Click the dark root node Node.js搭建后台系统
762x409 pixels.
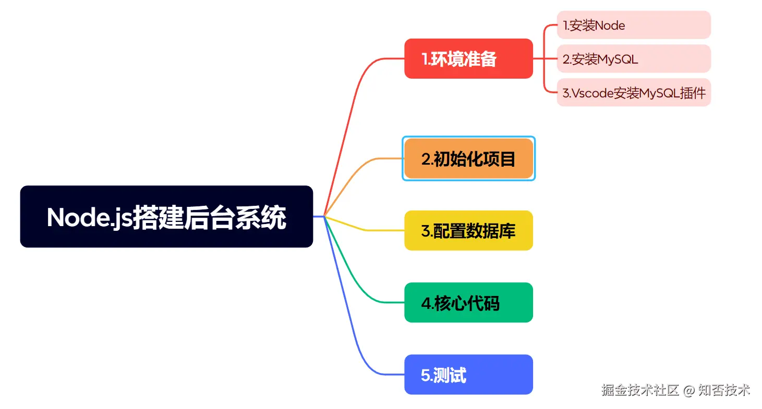(166, 216)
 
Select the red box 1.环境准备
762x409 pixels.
(468, 59)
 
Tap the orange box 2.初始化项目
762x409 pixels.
(468, 158)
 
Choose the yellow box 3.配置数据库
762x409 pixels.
(468, 230)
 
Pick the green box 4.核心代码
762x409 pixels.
(468, 302)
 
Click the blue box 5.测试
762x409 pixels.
(468, 375)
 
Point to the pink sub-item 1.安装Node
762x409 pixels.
(633, 25)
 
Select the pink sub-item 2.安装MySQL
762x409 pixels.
(633, 59)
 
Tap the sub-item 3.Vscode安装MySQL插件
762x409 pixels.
(633, 93)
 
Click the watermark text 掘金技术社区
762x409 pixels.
(640, 390)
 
